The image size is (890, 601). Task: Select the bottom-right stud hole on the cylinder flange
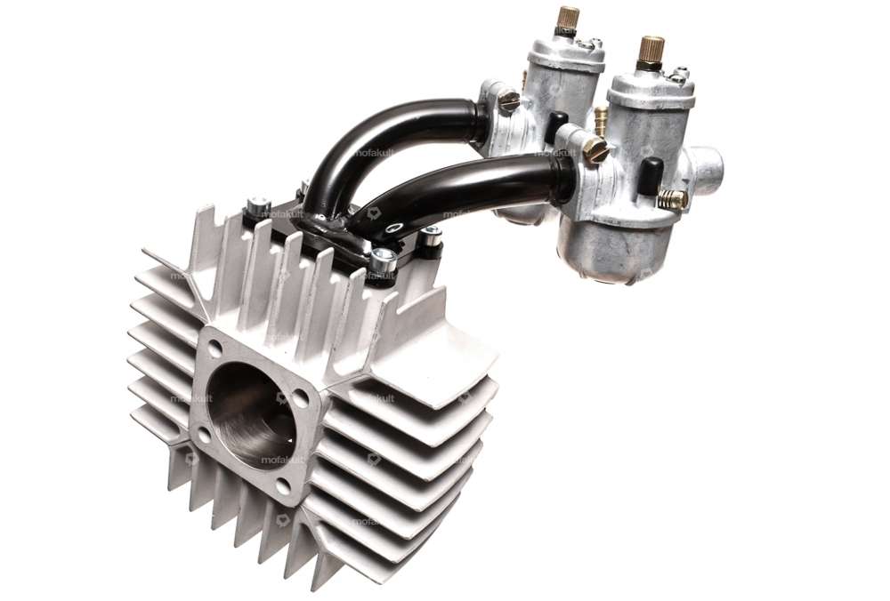pyautogui.click(x=283, y=485)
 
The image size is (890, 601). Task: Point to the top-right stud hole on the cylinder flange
pyautogui.click(x=305, y=397)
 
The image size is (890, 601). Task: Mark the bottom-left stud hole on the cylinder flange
pyautogui.click(x=202, y=436)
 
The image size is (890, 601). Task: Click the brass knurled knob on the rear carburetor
pyautogui.click(x=567, y=18)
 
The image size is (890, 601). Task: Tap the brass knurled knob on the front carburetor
pyautogui.click(x=651, y=49)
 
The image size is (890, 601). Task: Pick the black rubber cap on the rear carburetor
pyautogui.click(x=557, y=126)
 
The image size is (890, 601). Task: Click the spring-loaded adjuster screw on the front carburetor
pyautogui.click(x=674, y=199)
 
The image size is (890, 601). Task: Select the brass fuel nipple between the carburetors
pyautogui.click(x=601, y=115)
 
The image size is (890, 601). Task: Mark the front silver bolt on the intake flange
pyautogui.click(x=383, y=260)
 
